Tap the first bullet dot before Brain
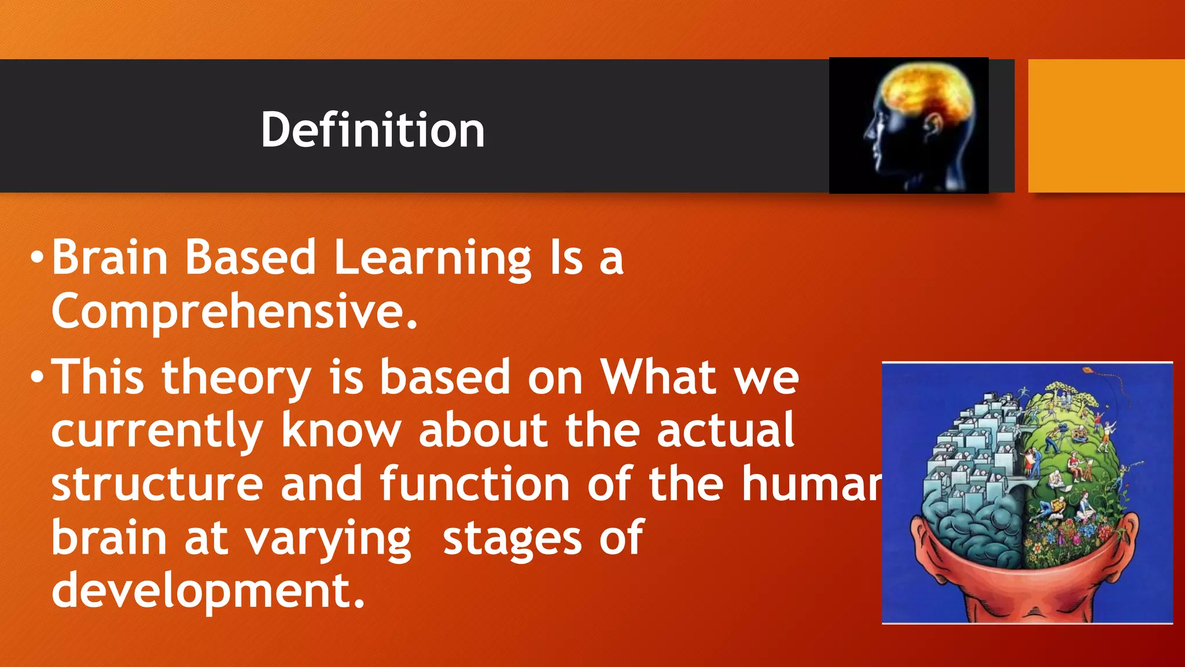point(37,257)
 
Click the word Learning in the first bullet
point(432,258)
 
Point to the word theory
point(237,378)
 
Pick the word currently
point(157,431)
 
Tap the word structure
point(157,484)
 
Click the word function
point(474,484)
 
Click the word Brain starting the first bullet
point(110,258)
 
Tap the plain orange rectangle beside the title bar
point(1106,126)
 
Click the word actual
point(726,431)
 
